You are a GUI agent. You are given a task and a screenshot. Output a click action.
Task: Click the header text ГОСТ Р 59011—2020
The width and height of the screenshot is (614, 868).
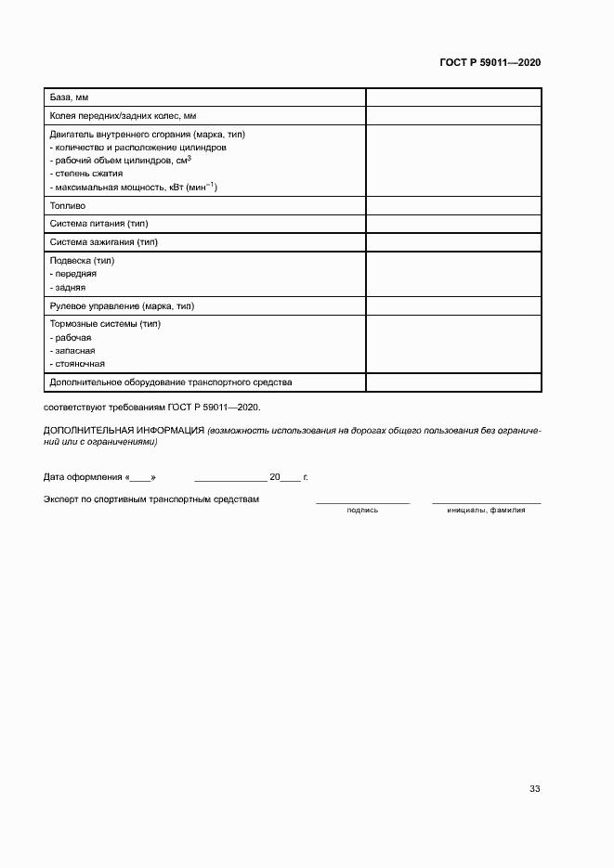(490, 62)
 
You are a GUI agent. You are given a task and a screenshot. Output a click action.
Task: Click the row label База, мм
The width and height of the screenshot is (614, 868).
(69, 97)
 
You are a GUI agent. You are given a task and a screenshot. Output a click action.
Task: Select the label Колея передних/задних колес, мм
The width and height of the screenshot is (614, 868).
(123, 116)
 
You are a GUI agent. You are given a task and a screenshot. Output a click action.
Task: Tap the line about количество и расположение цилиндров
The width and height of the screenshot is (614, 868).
(137, 148)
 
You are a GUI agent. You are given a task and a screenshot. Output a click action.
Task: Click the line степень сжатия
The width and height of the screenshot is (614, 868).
(86, 174)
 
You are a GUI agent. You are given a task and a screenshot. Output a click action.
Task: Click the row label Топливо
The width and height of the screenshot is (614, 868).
(67, 205)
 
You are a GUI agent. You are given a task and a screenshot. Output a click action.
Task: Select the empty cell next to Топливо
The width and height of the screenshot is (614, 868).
(453, 205)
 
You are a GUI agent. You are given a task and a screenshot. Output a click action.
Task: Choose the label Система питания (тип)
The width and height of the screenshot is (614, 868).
(98, 224)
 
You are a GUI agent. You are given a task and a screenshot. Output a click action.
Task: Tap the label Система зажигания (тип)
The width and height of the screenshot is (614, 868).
(103, 241)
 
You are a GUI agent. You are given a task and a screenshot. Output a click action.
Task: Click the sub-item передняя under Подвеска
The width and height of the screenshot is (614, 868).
(73, 274)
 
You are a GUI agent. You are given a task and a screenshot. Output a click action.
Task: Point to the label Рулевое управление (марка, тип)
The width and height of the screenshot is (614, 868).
(122, 305)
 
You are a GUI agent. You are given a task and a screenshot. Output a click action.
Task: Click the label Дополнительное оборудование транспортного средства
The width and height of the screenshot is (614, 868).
(171, 382)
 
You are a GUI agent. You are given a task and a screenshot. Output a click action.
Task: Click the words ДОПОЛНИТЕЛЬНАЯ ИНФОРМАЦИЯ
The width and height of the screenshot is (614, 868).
(124, 431)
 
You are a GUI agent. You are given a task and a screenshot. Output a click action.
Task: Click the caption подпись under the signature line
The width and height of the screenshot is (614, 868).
(362, 510)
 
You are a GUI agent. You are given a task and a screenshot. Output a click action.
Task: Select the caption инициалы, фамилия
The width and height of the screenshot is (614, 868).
(486, 510)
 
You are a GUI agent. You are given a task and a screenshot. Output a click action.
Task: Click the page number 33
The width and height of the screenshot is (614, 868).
(534, 789)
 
